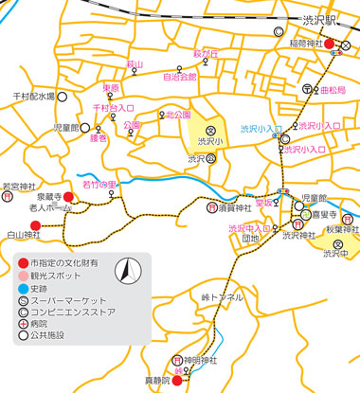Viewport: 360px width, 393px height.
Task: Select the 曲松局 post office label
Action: pos(333,90)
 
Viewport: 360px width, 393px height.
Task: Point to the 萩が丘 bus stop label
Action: pos(207,55)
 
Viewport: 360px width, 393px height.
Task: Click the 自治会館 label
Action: pos(180,76)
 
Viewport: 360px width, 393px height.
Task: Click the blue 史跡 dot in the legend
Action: pos(23,286)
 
